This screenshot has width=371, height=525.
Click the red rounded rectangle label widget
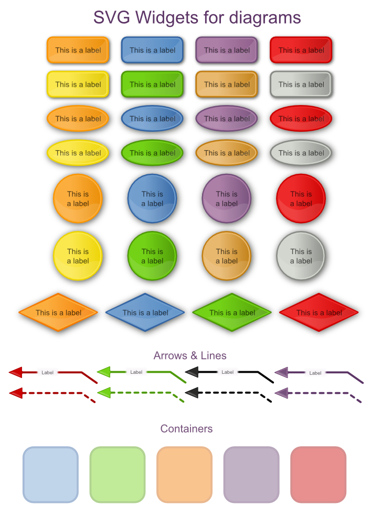tap(301, 50)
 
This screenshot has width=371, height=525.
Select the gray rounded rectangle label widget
tap(301, 85)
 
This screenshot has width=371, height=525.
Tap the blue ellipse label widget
tap(152, 119)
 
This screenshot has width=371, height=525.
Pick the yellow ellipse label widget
tap(78, 153)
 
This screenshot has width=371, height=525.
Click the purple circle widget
tap(226, 198)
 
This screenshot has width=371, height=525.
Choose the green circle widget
tap(152, 256)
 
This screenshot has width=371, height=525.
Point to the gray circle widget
tap(301, 256)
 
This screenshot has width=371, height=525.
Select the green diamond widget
tap(232, 312)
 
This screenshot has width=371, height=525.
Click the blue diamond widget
tap(145, 312)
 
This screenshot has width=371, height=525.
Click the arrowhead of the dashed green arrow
tap(104, 392)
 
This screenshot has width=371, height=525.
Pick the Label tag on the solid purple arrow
tap(315, 373)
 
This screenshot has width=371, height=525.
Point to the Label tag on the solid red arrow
tap(47, 372)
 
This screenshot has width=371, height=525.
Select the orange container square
tap(184, 474)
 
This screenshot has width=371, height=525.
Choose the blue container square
tap(50, 474)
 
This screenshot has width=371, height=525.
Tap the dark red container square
tap(318, 474)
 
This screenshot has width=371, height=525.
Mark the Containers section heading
tap(186, 428)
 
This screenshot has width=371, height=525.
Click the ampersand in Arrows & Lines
tap(190, 356)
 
